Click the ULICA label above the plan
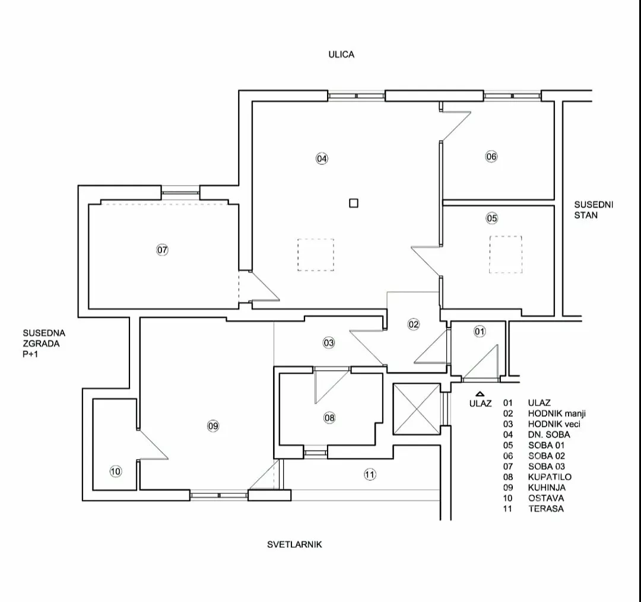coord(341,55)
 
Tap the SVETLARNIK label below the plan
coord(294,544)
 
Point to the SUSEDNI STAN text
coord(585,210)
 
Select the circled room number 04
coord(322,158)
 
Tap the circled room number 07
coord(162,250)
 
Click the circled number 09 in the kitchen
coord(213,425)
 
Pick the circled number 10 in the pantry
coord(116,472)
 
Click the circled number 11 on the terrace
coord(370,474)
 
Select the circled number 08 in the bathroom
coord(329,418)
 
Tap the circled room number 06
coord(491,157)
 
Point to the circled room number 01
coord(480,332)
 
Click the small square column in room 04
coord(354,203)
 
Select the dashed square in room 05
coord(506,254)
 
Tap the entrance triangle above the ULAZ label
coord(480,393)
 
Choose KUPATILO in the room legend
coord(546,477)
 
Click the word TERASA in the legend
coord(545,508)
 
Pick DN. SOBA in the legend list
coord(548,435)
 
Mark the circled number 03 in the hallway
coord(328,342)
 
